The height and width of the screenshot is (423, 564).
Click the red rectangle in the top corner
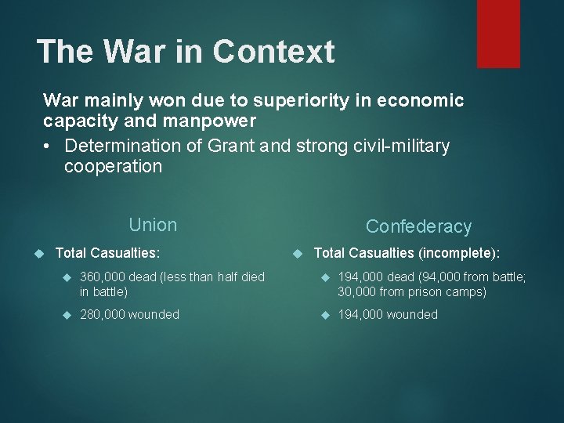pyautogui.click(x=498, y=33)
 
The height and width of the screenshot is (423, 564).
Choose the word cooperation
pyautogui.click(x=113, y=167)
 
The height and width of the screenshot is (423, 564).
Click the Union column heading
pyautogui.click(x=153, y=225)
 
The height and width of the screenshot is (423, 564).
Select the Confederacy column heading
pyautogui.click(x=418, y=227)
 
